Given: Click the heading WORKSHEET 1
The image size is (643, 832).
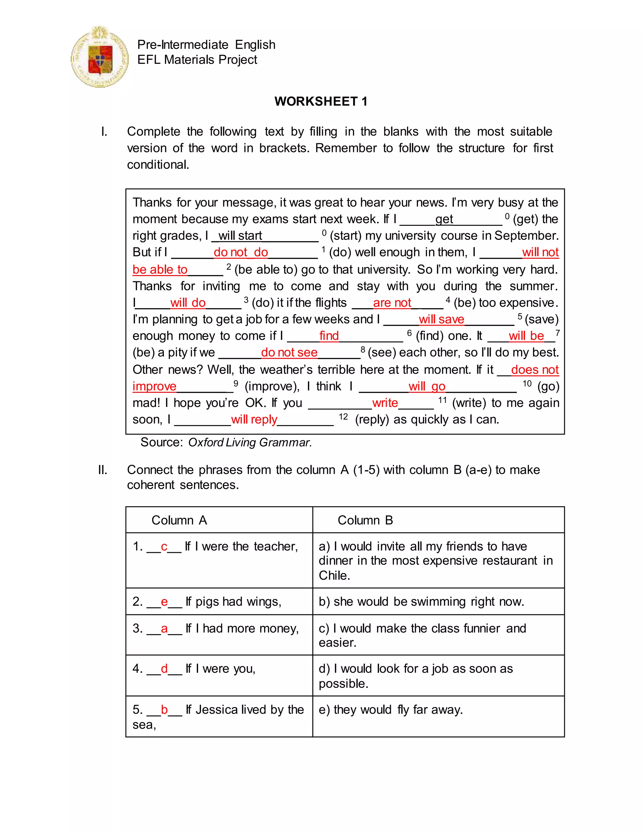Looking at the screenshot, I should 321,101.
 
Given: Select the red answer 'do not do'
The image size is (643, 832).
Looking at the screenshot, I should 241,252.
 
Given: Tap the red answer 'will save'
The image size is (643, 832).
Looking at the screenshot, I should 441,319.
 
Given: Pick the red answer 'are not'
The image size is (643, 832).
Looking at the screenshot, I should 392,303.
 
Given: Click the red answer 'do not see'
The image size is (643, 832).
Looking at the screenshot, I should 289,352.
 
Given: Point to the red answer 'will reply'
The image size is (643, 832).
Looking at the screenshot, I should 254,419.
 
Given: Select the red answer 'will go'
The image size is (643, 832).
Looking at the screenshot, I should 427,386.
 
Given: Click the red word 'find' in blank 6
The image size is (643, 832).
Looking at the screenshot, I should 329,336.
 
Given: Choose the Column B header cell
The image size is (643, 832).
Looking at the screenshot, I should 438,520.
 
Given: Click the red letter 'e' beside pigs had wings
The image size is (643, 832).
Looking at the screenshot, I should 164,602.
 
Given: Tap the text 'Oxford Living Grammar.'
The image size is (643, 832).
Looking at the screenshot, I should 250,442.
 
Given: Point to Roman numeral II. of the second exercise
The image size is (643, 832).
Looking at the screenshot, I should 102,470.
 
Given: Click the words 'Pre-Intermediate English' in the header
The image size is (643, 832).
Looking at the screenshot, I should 206,45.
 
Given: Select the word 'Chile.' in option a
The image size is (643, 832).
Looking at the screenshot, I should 334,575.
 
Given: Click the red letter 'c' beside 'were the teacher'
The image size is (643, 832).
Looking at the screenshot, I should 164,547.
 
